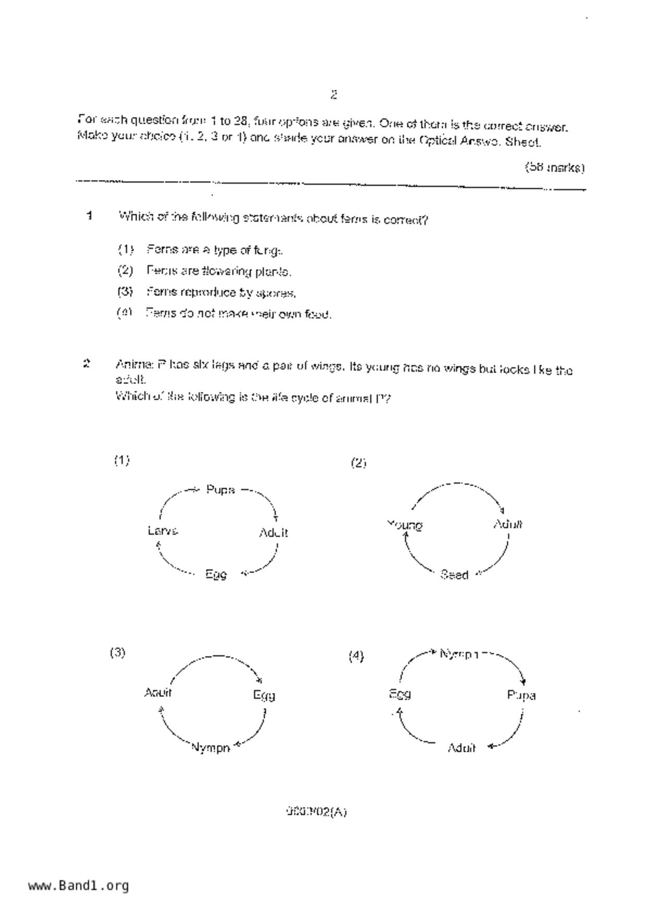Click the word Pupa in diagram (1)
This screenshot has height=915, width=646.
coord(221,490)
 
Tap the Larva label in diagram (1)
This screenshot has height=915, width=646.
coord(163,531)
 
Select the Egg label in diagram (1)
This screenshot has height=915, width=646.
coord(216,574)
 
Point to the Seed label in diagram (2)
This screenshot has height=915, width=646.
coord(454,575)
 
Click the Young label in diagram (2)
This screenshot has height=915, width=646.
coord(405,525)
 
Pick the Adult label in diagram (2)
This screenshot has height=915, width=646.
coord(508,524)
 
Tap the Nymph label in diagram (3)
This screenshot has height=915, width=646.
coord(211,748)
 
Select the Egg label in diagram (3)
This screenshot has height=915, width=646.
coord(264,695)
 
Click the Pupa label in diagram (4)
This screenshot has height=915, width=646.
coord(521,695)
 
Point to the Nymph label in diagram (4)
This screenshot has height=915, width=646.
coord(459,654)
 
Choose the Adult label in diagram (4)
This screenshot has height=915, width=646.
coord(461,748)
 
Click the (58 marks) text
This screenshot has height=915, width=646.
coord(554,168)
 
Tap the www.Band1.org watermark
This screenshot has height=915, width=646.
coord(79,886)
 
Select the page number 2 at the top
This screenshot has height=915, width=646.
coord(334,95)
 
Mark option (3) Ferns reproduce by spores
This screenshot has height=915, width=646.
coord(221,293)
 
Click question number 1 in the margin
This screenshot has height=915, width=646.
coord(90,216)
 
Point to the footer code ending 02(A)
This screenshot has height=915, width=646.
coord(316,812)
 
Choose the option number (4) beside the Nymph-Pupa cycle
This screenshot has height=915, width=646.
coord(356,656)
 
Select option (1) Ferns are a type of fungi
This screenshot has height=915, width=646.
coord(214,250)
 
